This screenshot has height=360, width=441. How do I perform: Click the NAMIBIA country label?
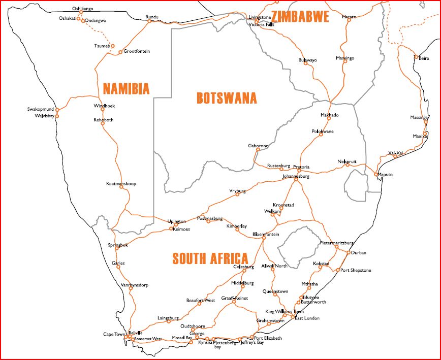pyautogui.click(x=126, y=89)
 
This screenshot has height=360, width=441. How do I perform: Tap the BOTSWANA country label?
pyautogui.click(x=227, y=98)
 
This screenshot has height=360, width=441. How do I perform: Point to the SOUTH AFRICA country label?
pyautogui.click(x=210, y=258)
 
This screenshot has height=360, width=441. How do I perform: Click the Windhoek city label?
pyautogui.click(x=104, y=106)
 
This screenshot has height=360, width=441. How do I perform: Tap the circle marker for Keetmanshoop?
pyautogui.click(x=121, y=187)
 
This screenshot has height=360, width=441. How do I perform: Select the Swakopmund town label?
pyautogui.click(x=40, y=109)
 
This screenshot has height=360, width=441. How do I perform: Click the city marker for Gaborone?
pyautogui.click(x=258, y=149)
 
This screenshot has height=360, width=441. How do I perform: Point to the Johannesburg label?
pyautogui.click(x=295, y=177)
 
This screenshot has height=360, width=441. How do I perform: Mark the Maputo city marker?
pyautogui.click(x=376, y=175)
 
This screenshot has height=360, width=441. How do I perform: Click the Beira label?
pyautogui.click(x=424, y=58)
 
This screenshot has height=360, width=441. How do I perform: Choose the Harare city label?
pyautogui.click(x=349, y=17)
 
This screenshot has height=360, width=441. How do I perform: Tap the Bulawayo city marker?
pyautogui.click(x=305, y=63)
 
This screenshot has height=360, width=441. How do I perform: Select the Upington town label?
pyautogui.click(x=177, y=221)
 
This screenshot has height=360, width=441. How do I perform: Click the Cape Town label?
pyautogui.click(x=114, y=334)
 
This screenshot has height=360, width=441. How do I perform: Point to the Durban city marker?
pyautogui.click(x=348, y=252)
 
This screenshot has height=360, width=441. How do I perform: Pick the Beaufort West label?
pyautogui.click(x=200, y=300)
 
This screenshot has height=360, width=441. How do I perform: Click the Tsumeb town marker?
pyautogui.click(x=113, y=46)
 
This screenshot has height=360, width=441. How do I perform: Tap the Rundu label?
pyautogui.click(x=152, y=17)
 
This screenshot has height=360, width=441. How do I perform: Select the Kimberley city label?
pyautogui.click(x=237, y=225)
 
